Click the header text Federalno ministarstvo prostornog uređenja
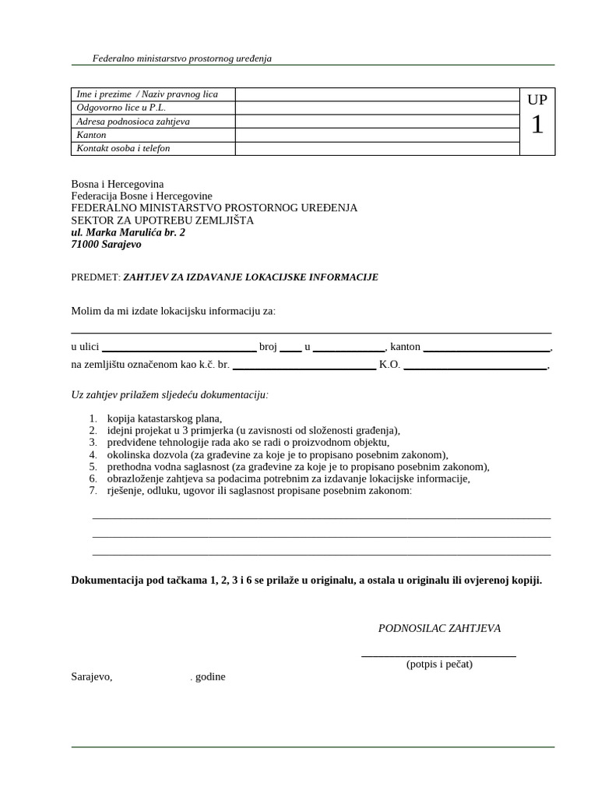click(x=181, y=58)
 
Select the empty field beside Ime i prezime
click(x=377, y=94)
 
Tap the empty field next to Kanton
click(x=377, y=135)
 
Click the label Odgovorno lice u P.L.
click(x=121, y=108)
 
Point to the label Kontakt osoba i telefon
click(x=123, y=148)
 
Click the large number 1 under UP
click(x=537, y=125)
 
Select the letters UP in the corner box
click(x=537, y=100)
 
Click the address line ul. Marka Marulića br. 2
click(x=128, y=232)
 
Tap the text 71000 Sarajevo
click(x=106, y=245)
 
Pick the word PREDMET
click(x=95, y=277)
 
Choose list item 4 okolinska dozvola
click(x=278, y=454)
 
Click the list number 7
click(x=92, y=491)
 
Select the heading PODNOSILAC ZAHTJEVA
click(x=439, y=628)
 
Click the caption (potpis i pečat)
click(x=439, y=665)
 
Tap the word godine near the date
click(x=209, y=676)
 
